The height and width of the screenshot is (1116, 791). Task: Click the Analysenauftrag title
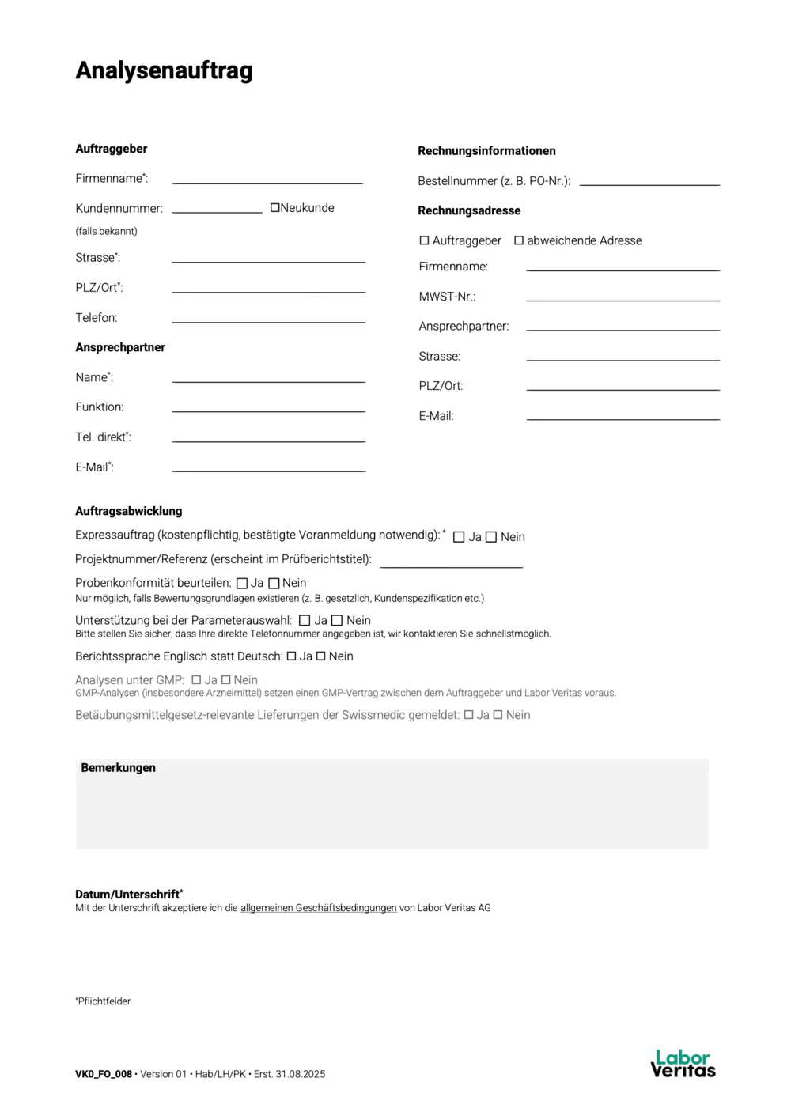pyautogui.click(x=164, y=70)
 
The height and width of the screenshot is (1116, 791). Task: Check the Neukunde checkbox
pyautogui.click(x=275, y=208)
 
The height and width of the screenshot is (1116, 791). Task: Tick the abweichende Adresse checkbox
pyautogui.click(x=519, y=240)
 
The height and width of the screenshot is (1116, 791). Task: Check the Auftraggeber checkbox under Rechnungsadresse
pyautogui.click(x=424, y=240)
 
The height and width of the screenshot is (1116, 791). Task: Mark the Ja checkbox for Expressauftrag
pyautogui.click(x=459, y=537)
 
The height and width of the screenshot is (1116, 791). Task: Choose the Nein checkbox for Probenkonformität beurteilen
pyautogui.click(x=274, y=584)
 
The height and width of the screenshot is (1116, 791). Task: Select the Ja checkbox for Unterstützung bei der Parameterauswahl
pyautogui.click(x=305, y=621)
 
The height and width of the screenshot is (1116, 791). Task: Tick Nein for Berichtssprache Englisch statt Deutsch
pyautogui.click(x=321, y=656)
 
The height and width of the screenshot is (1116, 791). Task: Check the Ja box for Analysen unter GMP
pyautogui.click(x=196, y=680)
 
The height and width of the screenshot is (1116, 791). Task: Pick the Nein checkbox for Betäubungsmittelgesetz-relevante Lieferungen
pyautogui.click(x=498, y=715)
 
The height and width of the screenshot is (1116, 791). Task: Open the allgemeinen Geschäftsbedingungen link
pyautogui.click(x=318, y=908)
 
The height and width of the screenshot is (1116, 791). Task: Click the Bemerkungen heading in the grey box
pyautogui.click(x=118, y=768)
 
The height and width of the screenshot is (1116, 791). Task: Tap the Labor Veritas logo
pyautogui.click(x=683, y=1064)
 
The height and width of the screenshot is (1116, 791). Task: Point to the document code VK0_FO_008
pyautogui.click(x=104, y=1074)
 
